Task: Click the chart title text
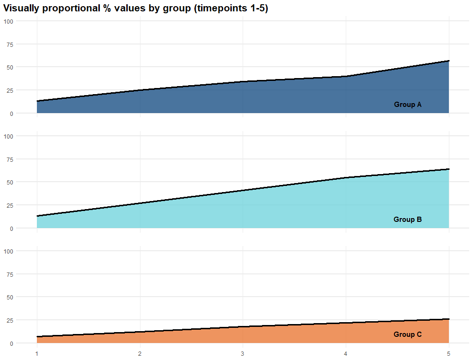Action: tap(136, 9)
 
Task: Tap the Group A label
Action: tap(407, 105)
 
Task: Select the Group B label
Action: tap(407, 220)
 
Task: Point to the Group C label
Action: tap(407, 334)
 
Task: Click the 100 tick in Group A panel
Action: tap(10, 21)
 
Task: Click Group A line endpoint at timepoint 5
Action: tap(448, 61)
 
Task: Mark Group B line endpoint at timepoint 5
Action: tap(448, 169)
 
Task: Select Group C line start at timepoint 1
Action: tap(37, 337)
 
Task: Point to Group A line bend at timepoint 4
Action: tap(346, 76)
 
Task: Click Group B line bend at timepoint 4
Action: tap(346, 178)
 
